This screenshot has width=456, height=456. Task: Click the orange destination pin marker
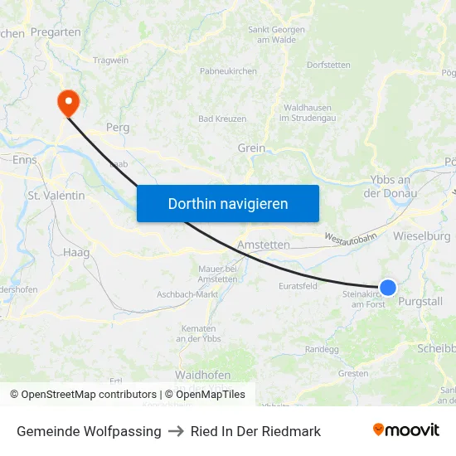pos(66,103)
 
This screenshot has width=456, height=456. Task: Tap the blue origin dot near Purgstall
pos(387,288)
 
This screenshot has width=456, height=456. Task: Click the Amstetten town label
pos(263,245)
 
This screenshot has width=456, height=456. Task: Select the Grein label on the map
pos(251,148)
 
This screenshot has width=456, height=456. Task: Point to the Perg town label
pos(118,129)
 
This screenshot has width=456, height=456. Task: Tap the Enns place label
pos(25,159)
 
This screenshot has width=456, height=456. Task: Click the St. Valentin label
pos(56,196)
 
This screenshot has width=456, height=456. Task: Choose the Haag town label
pos(75,251)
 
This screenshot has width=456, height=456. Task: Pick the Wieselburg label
pos(422,236)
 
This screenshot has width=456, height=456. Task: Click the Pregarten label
pos(56,32)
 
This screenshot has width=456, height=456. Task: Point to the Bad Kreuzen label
pos(222,119)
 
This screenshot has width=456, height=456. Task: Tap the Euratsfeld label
pos(298,286)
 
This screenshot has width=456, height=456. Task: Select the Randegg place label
pos(322,349)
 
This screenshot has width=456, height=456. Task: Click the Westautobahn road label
pos(350,238)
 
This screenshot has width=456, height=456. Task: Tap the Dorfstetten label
pos(328,65)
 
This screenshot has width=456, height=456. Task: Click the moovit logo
pos(405,430)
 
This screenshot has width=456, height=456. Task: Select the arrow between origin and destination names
pos(176,431)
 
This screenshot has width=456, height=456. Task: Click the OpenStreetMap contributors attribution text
pos(83,395)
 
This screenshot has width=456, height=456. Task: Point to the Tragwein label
pos(110,61)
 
